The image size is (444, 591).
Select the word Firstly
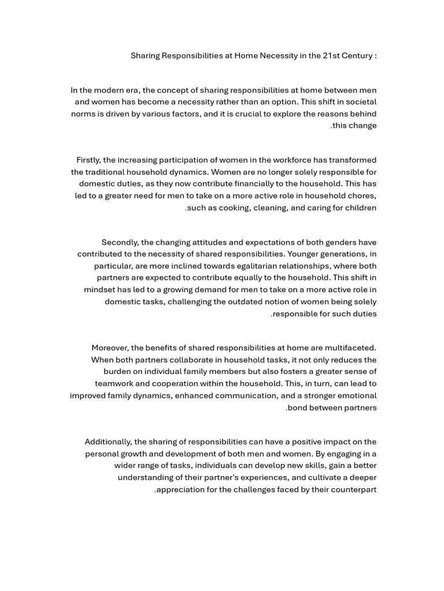click(88, 160)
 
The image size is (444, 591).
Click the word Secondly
click(120, 242)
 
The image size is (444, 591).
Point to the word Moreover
click(110, 348)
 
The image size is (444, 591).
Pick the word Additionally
click(108, 442)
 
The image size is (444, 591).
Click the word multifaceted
click(350, 348)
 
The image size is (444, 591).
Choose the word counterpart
click(353, 490)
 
